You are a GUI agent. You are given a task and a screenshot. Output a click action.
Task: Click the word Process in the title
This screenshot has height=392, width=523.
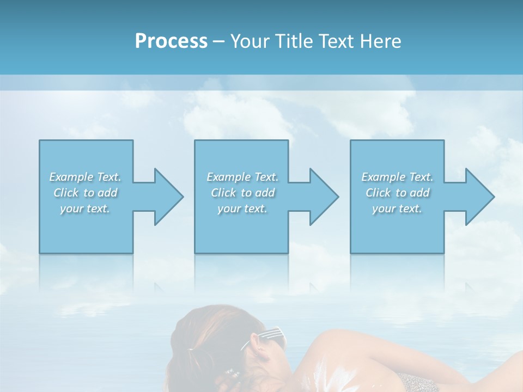click(171, 41)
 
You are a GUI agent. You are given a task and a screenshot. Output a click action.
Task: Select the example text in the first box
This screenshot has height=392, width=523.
click(85, 193)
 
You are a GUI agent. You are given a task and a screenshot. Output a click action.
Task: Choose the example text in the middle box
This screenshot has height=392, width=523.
click(242, 193)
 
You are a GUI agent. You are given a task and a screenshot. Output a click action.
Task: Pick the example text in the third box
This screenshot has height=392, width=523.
click(397, 193)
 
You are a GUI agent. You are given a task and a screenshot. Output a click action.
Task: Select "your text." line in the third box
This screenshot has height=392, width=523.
click(397, 209)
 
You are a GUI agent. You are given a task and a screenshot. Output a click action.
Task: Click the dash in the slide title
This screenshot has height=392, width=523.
click(218, 41)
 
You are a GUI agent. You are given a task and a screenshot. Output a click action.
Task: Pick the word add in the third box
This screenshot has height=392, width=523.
click(419, 193)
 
